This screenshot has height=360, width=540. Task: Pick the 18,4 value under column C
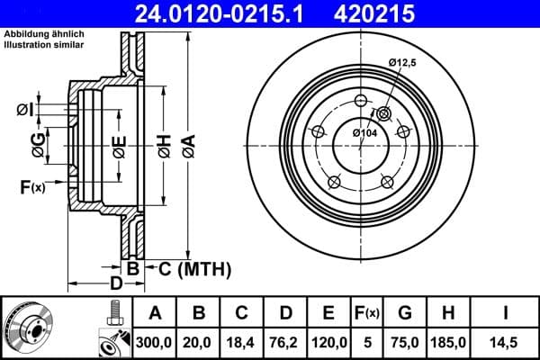point(242,342)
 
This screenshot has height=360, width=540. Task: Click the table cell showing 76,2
point(285,342)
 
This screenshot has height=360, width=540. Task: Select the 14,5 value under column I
point(507,342)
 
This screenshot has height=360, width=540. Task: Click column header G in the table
point(405,313)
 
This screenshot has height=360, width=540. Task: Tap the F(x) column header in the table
point(367,313)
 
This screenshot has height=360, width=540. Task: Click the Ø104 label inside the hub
point(364,133)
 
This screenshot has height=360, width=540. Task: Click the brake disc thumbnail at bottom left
point(29,326)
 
